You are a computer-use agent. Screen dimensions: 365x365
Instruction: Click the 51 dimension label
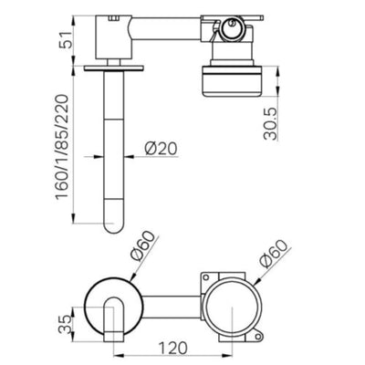(x=66, y=39)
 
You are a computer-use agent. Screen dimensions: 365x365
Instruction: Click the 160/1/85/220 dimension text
(x=61, y=147)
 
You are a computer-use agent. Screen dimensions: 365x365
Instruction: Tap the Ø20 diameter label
(x=161, y=149)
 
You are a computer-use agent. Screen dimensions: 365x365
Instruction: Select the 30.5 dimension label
(x=270, y=123)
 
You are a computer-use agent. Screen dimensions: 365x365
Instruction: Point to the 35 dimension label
(x=65, y=325)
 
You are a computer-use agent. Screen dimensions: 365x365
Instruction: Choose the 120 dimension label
(x=173, y=348)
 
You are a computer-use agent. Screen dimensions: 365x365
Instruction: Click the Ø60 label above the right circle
(x=274, y=254)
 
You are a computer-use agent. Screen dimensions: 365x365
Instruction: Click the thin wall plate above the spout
(x=114, y=68)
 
